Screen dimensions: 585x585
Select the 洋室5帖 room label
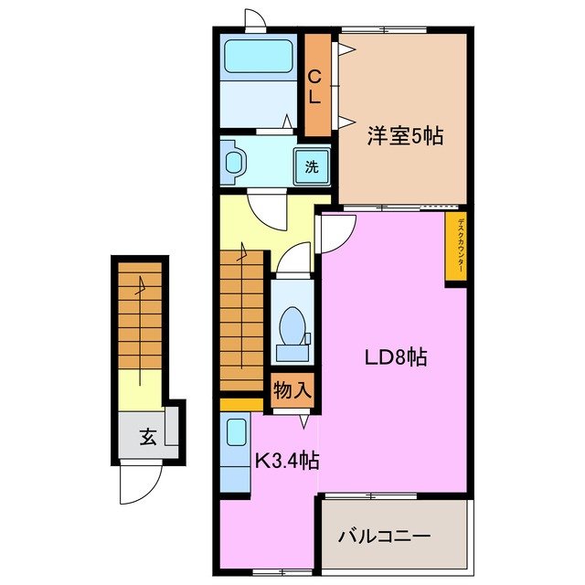405,136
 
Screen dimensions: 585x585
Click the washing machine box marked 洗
311,167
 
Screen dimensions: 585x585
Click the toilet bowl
292,327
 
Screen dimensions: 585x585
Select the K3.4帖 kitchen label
285,461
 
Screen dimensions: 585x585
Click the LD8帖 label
391,356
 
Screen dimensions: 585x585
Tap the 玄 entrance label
147,436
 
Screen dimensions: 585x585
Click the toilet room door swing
293,261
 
